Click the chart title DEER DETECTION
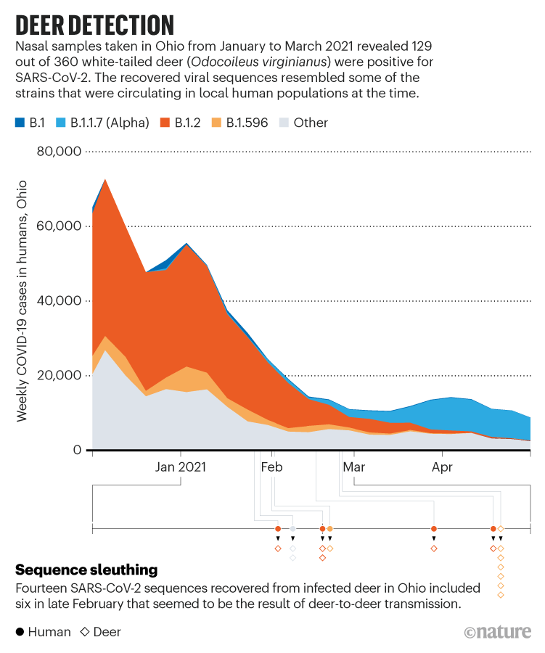click(x=94, y=24)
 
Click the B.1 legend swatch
click(x=20, y=123)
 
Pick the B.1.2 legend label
click(x=190, y=123)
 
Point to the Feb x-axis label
click(x=271, y=467)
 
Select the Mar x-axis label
click(x=354, y=467)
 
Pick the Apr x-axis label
click(x=442, y=467)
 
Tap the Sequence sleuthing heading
click(x=86, y=570)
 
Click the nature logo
click(x=498, y=632)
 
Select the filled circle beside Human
click(x=20, y=632)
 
